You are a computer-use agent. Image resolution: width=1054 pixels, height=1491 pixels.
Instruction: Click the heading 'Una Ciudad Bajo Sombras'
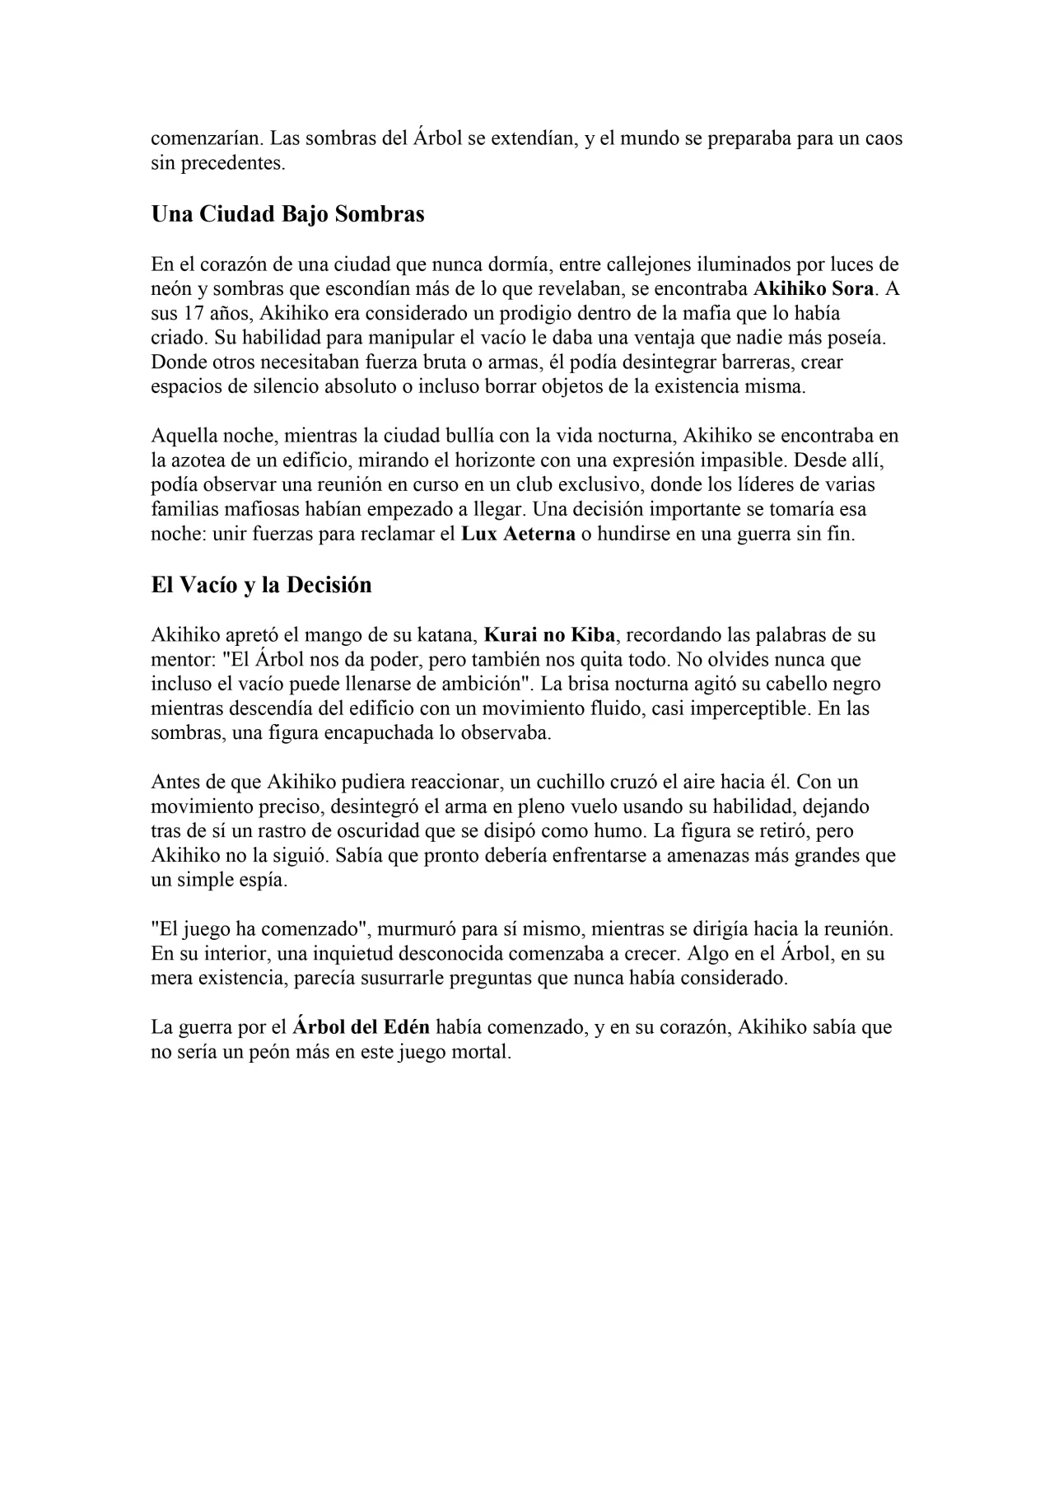(x=287, y=214)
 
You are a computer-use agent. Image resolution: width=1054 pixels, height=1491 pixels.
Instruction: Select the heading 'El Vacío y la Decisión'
(x=261, y=585)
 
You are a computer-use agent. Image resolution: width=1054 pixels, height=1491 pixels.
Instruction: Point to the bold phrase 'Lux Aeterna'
(x=518, y=534)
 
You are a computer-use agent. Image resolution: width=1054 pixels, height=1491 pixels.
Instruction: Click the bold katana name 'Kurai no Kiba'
(x=543, y=635)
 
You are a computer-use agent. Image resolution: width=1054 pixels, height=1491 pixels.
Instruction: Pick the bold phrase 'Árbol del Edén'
(x=361, y=1027)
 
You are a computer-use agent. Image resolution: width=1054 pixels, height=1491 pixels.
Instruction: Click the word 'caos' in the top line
(x=884, y=138)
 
